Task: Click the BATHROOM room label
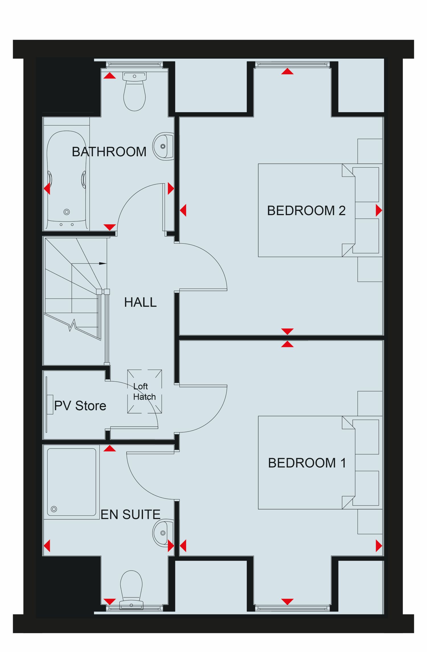click(109, 152)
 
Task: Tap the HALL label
click(140, 302)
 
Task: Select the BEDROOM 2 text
click(306, 211)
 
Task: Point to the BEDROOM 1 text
click(307, 463)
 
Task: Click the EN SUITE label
click(131, 515)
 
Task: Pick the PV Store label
click(80, 406)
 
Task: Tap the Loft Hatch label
click(144, 392)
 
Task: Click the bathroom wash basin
click(163, 146)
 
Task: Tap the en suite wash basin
click(163, 533)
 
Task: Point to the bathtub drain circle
click(67, 212)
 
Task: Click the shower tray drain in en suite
click(54, 509)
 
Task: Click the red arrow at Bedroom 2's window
click(287, 71)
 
